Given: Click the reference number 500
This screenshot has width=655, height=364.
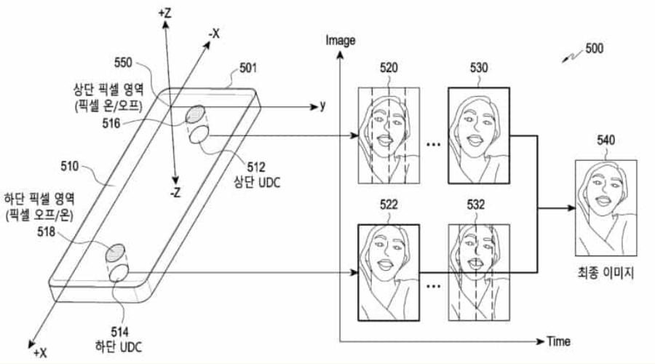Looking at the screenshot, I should [x=593, y=50].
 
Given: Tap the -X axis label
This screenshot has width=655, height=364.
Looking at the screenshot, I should [x=215, y=33].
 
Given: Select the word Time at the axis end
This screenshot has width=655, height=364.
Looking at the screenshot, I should [x=558, y=341].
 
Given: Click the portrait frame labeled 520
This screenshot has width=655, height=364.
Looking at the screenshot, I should [x=389, y=135].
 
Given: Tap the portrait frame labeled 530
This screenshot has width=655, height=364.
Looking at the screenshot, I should [x=479, y=135].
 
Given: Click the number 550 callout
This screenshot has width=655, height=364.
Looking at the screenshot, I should [x=127, y=64].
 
